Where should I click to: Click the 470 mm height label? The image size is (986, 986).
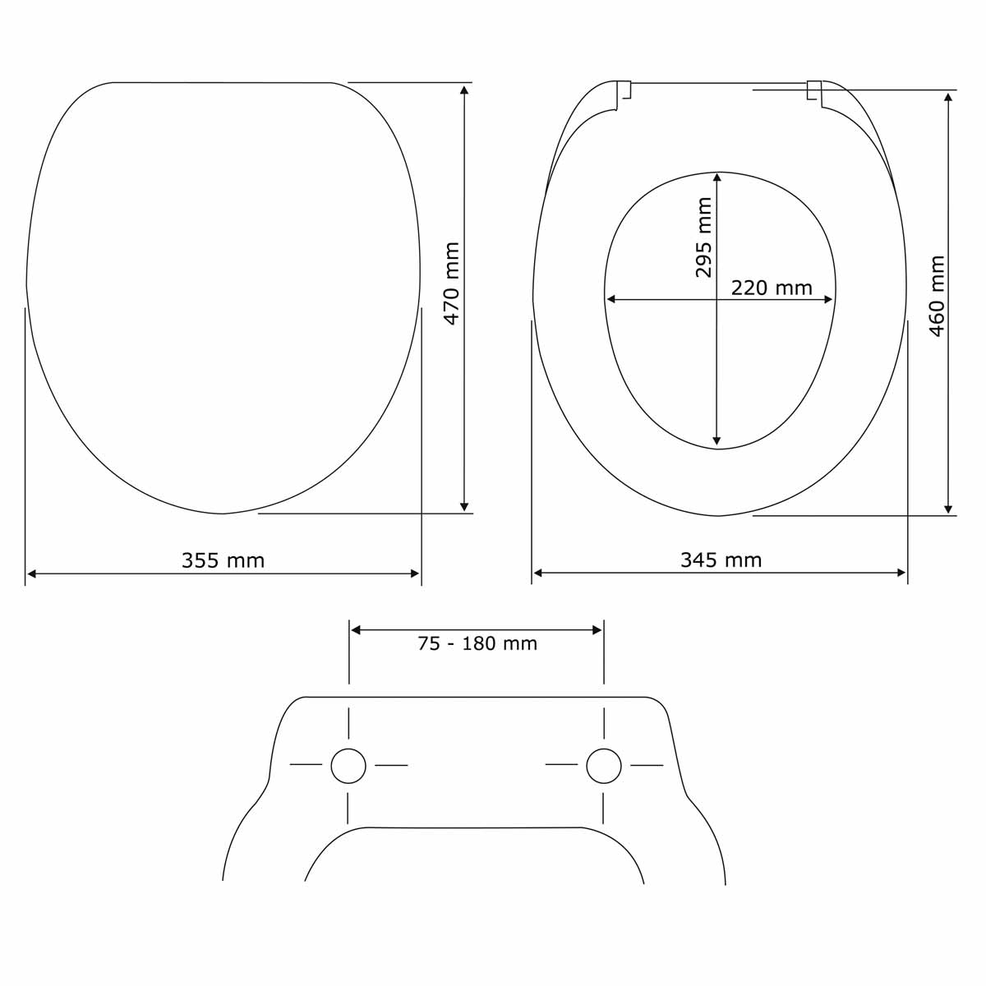click(x=452, y=283)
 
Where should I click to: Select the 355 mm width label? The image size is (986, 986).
click(x=223, y=560)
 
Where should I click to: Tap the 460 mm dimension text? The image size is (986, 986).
click(x=937, y=296)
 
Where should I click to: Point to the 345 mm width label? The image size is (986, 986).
click(x=721, y=560)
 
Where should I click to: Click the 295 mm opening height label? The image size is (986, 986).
click(x=703, y=237)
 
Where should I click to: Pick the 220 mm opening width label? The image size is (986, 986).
click(x=772, y=288)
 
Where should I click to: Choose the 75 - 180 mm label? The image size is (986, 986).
click(x=477, y=643)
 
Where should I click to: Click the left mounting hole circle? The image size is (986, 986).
click(x=348, y=766)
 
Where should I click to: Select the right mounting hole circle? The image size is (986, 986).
click(x=604, y=766)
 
